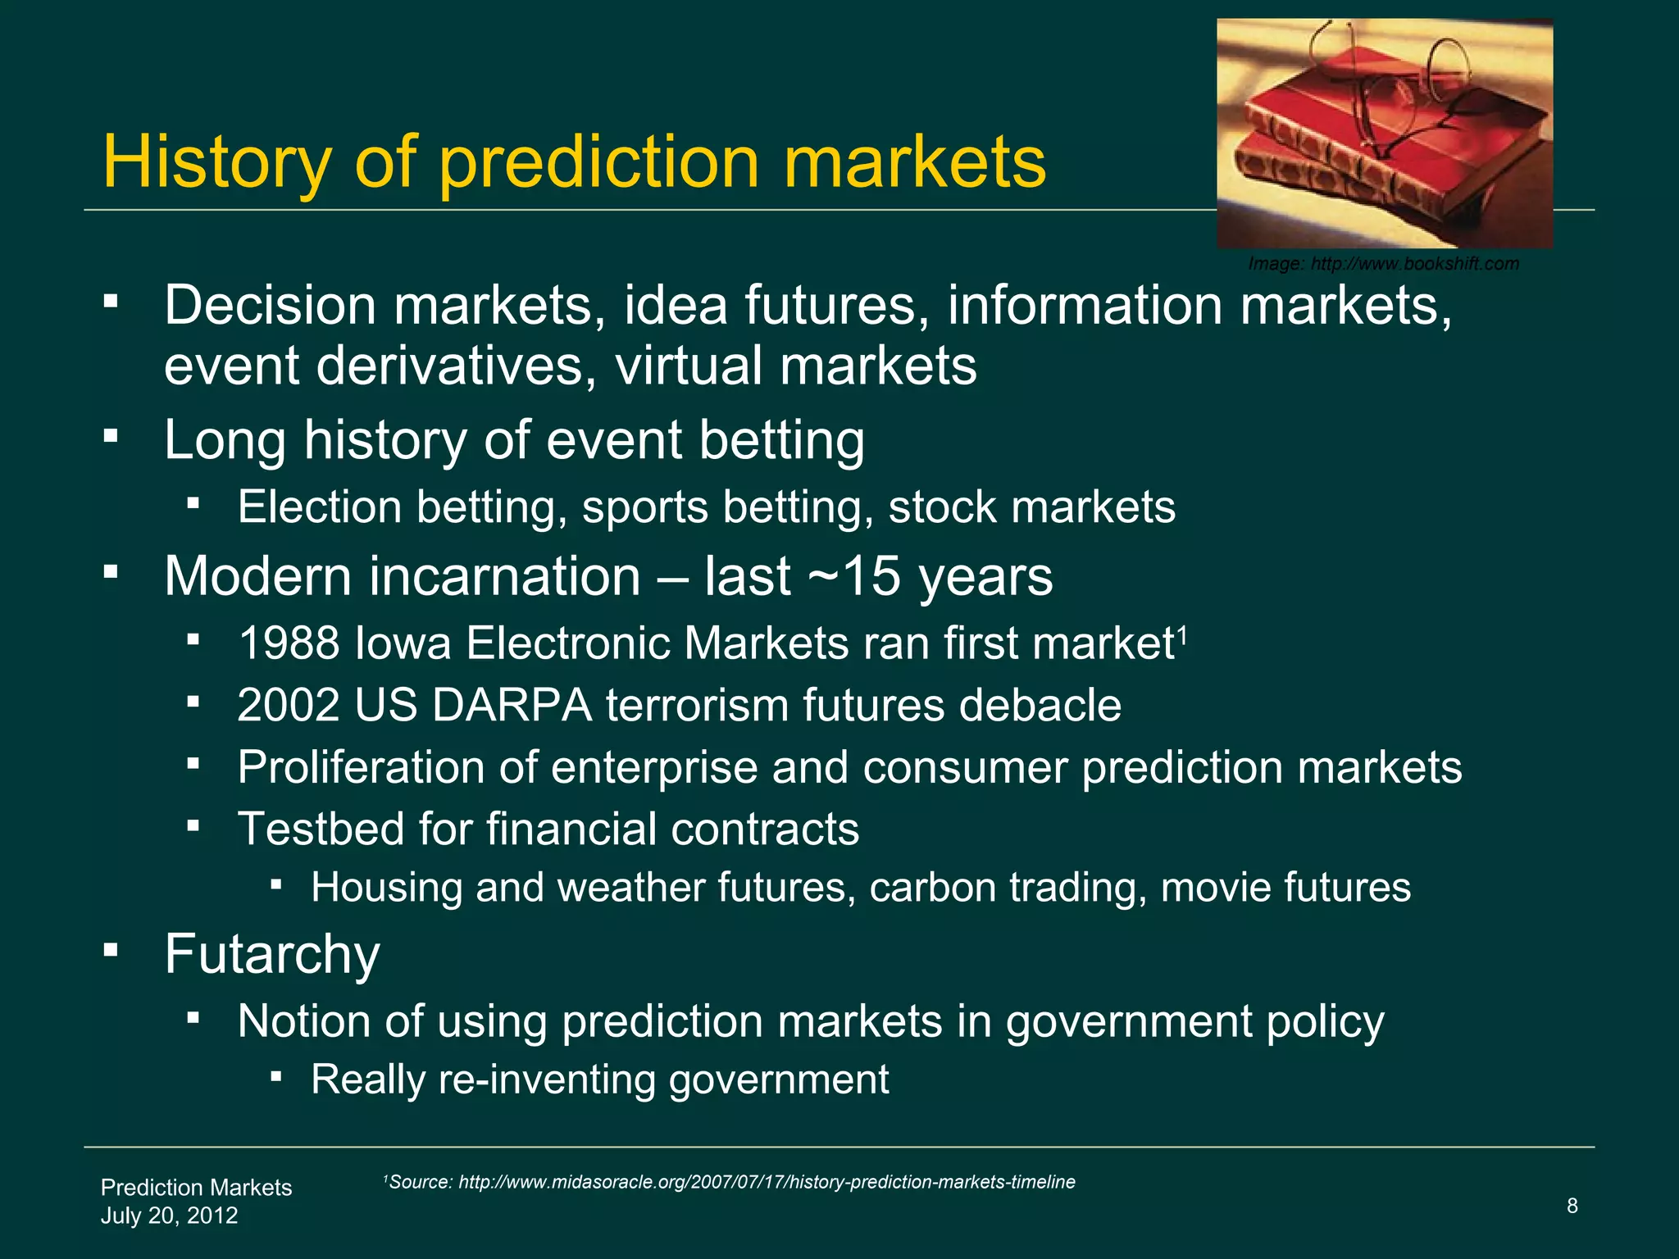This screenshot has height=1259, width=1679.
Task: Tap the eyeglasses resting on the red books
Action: [1394, 90]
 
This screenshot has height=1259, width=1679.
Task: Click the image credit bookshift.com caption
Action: [1383, 264]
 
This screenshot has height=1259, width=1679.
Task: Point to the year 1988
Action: [289, 643]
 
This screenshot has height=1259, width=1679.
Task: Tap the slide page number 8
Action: [1572, 1206]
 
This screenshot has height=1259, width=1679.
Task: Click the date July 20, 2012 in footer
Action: [169, 1216]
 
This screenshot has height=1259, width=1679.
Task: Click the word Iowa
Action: [403, 643]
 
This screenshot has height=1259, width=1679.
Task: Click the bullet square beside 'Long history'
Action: [111, 434]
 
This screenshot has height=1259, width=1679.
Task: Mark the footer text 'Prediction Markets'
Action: [196, 1188]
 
